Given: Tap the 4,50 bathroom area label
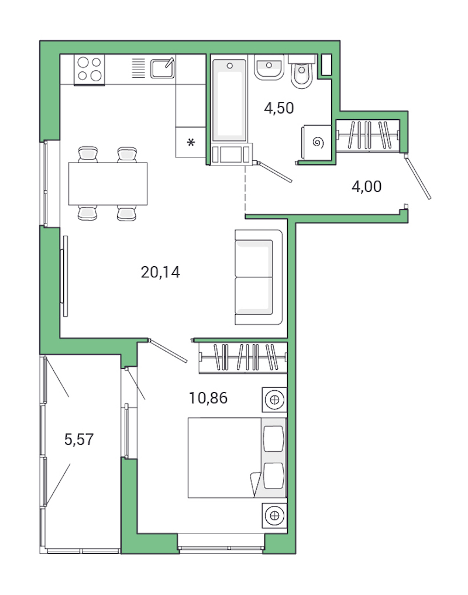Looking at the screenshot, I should [x=278, y=108].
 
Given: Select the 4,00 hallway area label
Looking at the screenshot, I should [x=366, y=187].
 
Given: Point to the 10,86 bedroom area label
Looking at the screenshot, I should [x=208, y=398].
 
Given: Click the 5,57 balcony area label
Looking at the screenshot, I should [x=79, y=439].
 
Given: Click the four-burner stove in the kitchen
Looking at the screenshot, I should [x=90, y=69].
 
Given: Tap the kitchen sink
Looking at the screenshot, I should [x=162, y=68].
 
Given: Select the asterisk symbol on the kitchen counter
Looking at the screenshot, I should [x=190, y=142].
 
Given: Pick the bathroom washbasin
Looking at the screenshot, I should [x=269, y=69].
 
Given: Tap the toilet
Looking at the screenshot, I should [x=302, y=73].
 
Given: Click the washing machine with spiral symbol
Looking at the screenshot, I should [x=318, y=142].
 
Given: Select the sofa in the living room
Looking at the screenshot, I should [x=258, y=277].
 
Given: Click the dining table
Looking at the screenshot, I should [x=108, y=183].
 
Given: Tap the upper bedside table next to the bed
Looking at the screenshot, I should [x=273, y=400].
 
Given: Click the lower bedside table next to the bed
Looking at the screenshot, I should [x=273, y=515].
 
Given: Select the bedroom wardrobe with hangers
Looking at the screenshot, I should [x=243, y=356].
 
